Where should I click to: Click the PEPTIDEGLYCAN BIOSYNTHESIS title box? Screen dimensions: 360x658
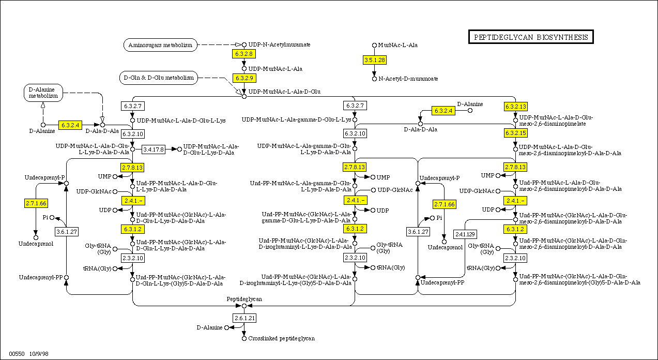coord(531,37)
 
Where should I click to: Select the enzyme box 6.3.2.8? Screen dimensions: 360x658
coord(244,54)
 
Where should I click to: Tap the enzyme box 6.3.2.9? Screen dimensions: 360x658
coord(244,78)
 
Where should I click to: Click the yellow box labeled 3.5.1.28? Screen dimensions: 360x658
coord(375,60)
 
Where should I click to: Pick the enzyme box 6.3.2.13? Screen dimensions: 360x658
coord(515,107)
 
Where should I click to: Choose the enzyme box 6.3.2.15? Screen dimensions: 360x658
coord(515,133)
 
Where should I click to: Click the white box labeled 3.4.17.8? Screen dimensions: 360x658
coord(154,149)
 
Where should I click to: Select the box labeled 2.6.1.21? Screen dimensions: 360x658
coord(244,318)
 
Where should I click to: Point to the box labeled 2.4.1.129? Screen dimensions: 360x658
coord(465,234)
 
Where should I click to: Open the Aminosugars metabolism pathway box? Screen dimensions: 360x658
coord(161,45)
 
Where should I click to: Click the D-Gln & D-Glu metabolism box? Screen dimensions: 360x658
coord(158,78)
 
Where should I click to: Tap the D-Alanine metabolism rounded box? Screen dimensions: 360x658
coord(43,93)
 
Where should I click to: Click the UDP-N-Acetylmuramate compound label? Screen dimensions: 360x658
coord(279,44)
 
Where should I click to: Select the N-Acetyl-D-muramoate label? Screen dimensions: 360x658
coord(408,79)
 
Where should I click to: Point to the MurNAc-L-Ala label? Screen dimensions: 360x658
coord(397,45)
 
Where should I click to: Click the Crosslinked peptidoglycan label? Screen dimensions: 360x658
coord(281,339)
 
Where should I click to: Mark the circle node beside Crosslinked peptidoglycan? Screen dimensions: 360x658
coord(244,339)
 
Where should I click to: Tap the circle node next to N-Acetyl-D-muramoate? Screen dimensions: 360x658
coord(375,79)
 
